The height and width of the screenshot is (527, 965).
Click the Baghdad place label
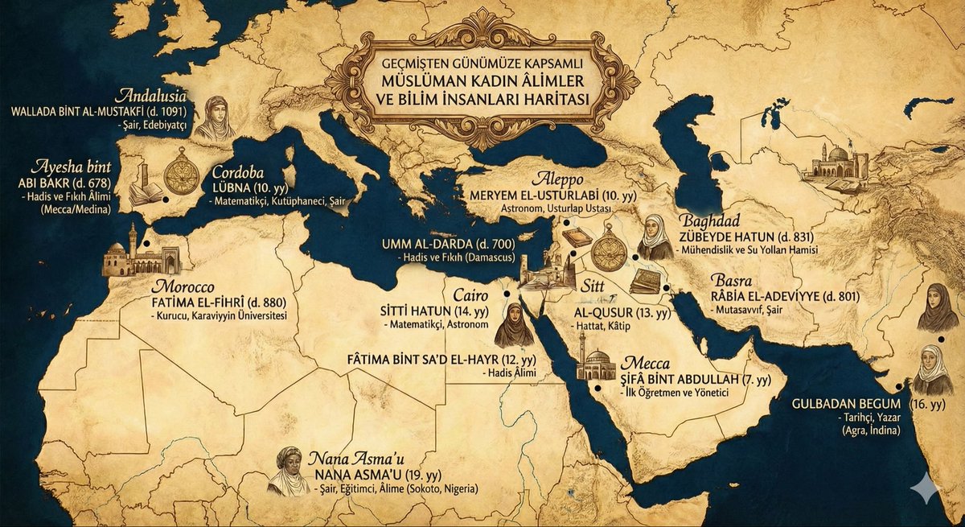point(708,220)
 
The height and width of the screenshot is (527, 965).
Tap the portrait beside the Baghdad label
point(655,237)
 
